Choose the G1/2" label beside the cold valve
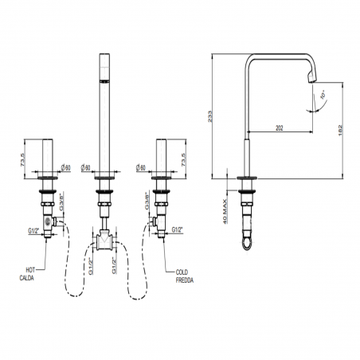coord(177,230)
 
